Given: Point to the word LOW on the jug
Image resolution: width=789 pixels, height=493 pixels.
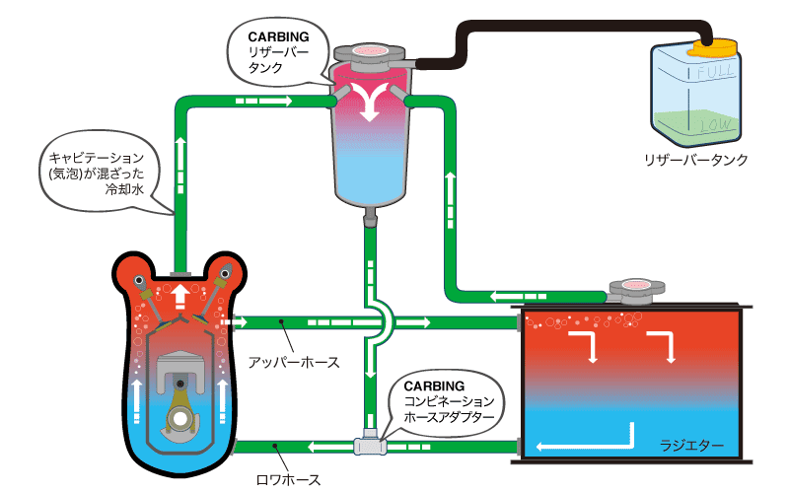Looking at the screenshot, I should (x=713, y=125).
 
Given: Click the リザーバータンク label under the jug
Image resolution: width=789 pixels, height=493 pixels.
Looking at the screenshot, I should (x=695, y=159).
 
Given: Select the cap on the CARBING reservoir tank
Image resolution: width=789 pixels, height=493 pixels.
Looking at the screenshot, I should (x=371, y=51).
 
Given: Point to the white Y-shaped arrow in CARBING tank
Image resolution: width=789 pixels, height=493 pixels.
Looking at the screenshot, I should (x=371, y=99).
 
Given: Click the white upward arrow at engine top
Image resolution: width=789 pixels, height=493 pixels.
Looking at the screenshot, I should (x=180, y=296).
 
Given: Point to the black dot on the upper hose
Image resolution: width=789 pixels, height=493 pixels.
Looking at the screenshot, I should (x=282, y=320).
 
